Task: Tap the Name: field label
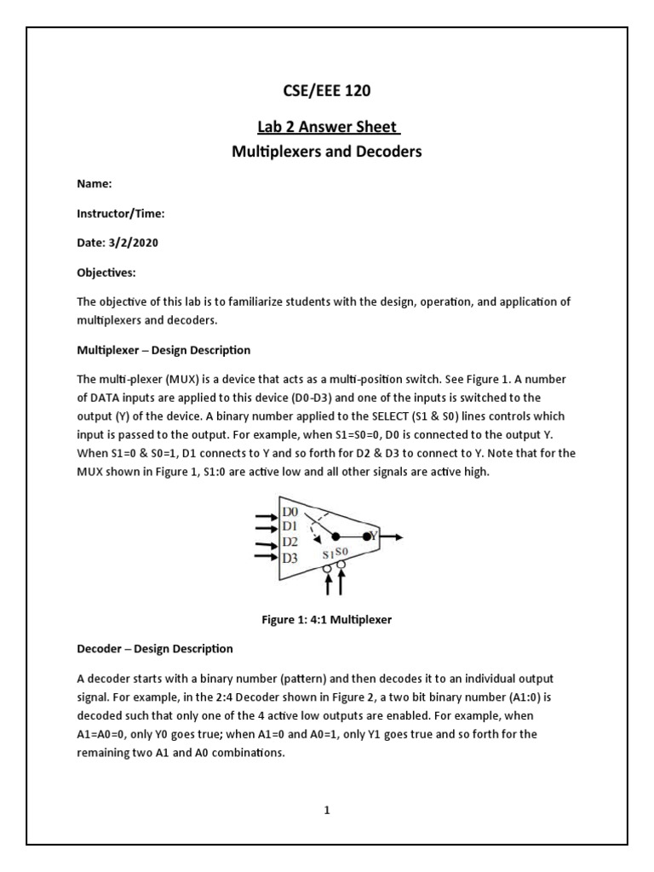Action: (95, 183)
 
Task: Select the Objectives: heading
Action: (106, 272)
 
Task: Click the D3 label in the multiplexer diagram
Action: (290, 558)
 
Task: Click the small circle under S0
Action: (341, 565)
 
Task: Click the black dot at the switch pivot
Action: (336, 537)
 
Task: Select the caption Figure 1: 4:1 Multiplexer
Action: (327, 619)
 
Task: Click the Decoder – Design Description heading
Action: (154, 649)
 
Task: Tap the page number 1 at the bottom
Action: (326, 811)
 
